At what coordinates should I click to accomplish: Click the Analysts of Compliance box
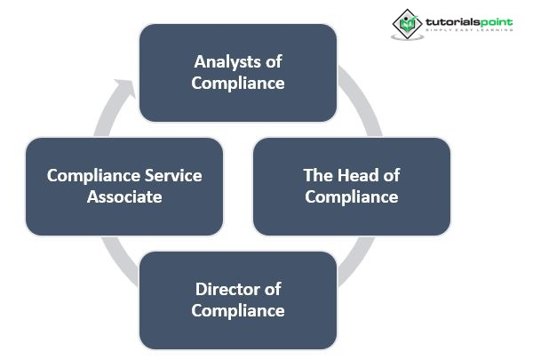238,73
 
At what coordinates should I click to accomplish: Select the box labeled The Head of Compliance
351,186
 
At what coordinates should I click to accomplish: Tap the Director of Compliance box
238,300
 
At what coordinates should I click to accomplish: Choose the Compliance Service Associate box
124,186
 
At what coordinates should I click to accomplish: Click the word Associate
124,196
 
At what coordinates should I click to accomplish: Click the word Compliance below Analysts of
238,84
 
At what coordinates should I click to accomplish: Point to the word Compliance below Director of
238,310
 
